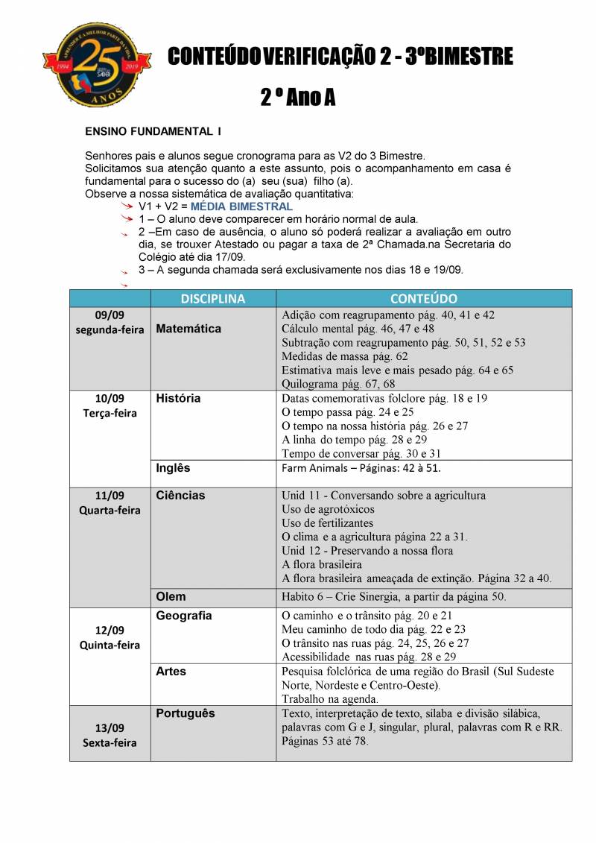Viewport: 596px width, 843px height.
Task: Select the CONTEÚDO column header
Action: point(423,298)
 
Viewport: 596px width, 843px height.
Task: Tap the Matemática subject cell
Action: point(188,329)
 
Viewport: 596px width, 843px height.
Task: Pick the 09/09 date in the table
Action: point(110,315)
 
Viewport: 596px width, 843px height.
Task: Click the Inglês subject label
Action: point(173,468)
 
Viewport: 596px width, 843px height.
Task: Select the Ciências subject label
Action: point(180,495)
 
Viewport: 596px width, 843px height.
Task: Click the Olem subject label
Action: point(171,597)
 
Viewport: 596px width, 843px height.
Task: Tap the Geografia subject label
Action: point(184,616)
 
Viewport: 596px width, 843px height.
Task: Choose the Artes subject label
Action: point(171,672)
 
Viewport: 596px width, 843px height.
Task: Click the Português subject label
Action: point(185,713)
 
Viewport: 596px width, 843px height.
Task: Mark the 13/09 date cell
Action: point(110,727)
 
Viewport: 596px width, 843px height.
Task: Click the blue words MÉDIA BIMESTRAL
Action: point(241,206)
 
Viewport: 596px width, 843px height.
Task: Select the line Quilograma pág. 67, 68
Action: point(338,384)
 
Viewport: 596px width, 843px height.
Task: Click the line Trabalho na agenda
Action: point(329,699)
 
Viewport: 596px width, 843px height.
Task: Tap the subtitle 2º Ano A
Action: point(297,97)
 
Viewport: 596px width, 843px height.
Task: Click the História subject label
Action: point(178,398)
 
